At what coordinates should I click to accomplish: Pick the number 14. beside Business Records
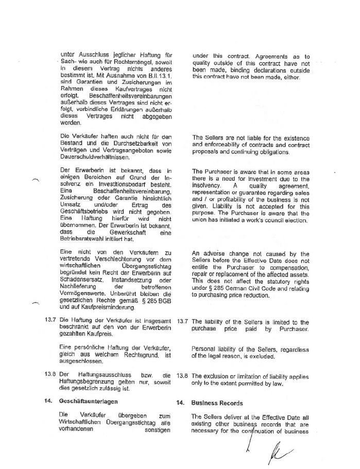(x=180, y=402)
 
